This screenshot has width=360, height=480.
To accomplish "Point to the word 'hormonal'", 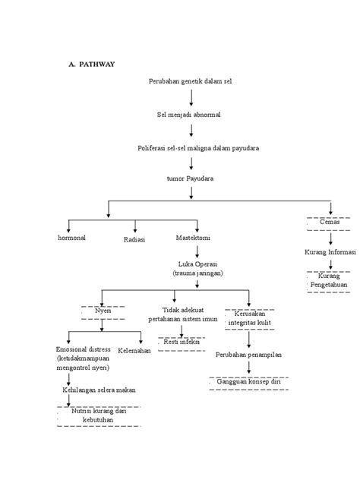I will click(x=72, y=238).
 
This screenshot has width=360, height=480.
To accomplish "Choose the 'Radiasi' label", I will click(x=134, y=239).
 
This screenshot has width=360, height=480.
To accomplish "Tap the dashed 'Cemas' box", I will click(x=330, y=222).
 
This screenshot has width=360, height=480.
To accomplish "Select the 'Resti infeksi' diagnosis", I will click(x=183, y=343).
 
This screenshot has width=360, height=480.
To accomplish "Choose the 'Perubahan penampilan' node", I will click(x=248, y=355).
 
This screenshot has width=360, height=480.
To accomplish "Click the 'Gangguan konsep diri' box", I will click(x=249, y=381).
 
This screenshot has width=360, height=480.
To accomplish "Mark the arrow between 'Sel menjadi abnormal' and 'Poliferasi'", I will click(x=191, y=130).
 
